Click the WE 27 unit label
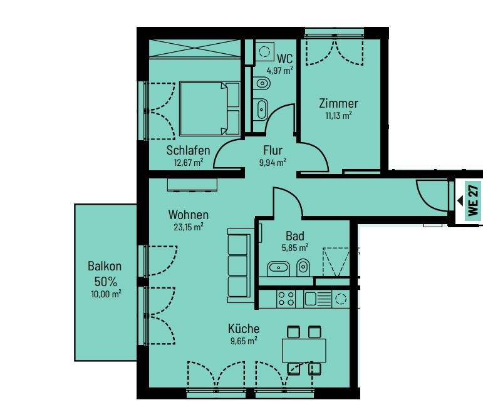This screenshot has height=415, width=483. point(473,200)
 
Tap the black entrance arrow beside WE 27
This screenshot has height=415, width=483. point(460,201)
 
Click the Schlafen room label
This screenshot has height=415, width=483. point(188,150)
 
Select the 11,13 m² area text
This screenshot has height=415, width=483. point(338,115)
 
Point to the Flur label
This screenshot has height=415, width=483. point(273,150)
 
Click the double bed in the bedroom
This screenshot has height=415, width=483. point(209,108)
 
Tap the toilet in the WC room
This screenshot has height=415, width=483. point(262,83)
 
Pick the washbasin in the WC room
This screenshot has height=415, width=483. point(261,109)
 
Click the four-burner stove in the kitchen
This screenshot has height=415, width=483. point(286,299)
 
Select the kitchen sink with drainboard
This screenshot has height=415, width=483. point(318,299)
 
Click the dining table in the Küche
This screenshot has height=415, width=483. point(304,351)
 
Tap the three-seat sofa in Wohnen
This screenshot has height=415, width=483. point(239,265)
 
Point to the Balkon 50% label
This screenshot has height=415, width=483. point(105,274)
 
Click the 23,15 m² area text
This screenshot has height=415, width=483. point(188,227)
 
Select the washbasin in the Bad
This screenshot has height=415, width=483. point(279,269)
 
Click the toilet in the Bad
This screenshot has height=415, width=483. point(303,267)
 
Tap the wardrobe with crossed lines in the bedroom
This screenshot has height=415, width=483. point(194,48)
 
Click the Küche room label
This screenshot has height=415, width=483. point(244,329)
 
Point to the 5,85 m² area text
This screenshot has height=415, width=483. point(295,247)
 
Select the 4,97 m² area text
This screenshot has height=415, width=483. point(279,71)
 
